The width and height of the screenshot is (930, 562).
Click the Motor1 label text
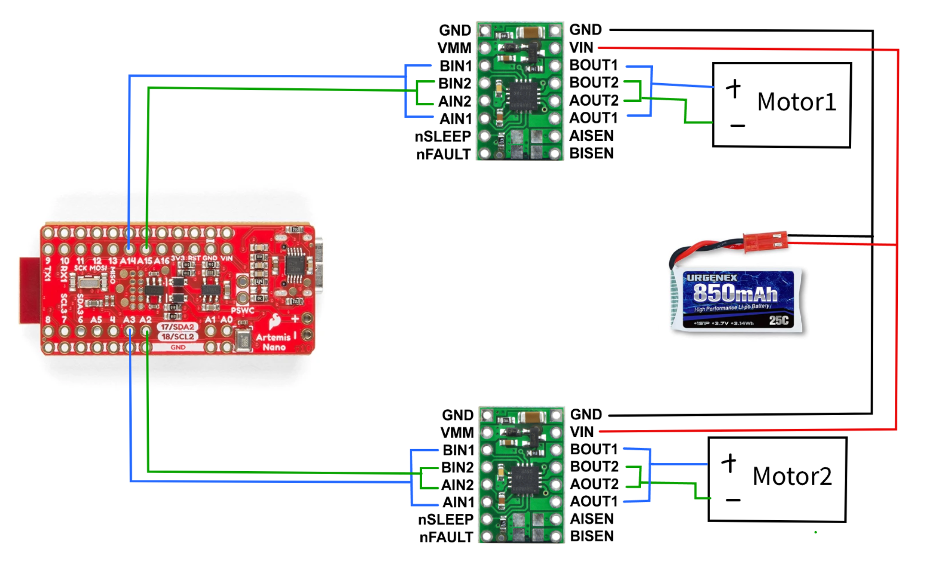pos(796,102)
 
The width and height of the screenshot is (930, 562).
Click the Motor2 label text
pos(792,476)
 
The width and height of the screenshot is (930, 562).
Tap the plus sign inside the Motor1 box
pos(733,88)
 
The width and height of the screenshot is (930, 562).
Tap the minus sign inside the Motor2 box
pos(733,500)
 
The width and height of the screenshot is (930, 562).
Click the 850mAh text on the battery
pos(735,293)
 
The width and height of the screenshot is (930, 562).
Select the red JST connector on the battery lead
pos(765,241)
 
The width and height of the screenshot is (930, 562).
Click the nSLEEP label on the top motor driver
pos(442,136)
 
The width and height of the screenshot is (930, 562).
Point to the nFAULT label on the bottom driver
pos(446,537)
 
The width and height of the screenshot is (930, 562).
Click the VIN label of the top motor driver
pos(581,48)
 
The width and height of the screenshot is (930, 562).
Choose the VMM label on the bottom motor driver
pos(457,433)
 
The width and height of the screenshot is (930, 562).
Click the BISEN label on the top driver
pos(591,154)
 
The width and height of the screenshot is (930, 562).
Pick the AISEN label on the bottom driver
pos(592,519)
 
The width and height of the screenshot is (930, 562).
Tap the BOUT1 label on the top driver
pos(593,65)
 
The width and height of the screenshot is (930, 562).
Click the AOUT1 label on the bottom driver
pos(594,501)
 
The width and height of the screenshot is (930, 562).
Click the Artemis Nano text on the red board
pos(273,342)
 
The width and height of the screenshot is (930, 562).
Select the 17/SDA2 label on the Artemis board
pos(177,327)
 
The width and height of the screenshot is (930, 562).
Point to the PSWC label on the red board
pos(243,310)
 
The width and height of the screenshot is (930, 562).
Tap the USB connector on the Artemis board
pos(318,265)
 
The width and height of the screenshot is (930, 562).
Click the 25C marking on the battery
pos(778,320)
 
